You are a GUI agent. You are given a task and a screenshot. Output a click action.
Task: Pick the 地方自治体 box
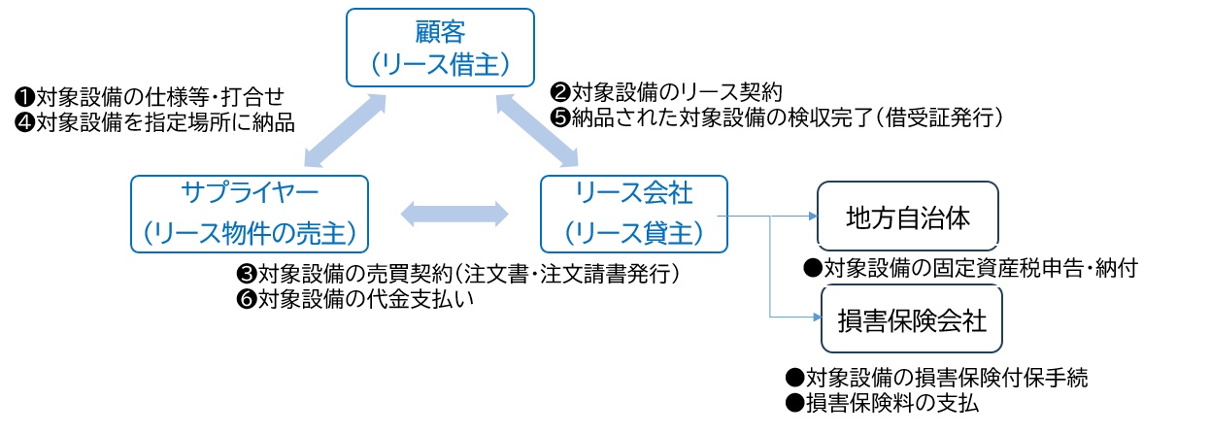908,217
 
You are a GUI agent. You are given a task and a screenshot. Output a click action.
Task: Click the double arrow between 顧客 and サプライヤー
341,128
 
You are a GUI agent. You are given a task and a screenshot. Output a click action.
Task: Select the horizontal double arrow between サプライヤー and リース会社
454,214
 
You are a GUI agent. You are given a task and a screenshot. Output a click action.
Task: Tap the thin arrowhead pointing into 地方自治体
811,217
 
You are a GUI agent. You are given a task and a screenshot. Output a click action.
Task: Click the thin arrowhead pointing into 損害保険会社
813,317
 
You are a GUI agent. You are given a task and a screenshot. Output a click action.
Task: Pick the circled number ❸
247,274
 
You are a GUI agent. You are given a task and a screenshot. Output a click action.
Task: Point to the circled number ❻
247,299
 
